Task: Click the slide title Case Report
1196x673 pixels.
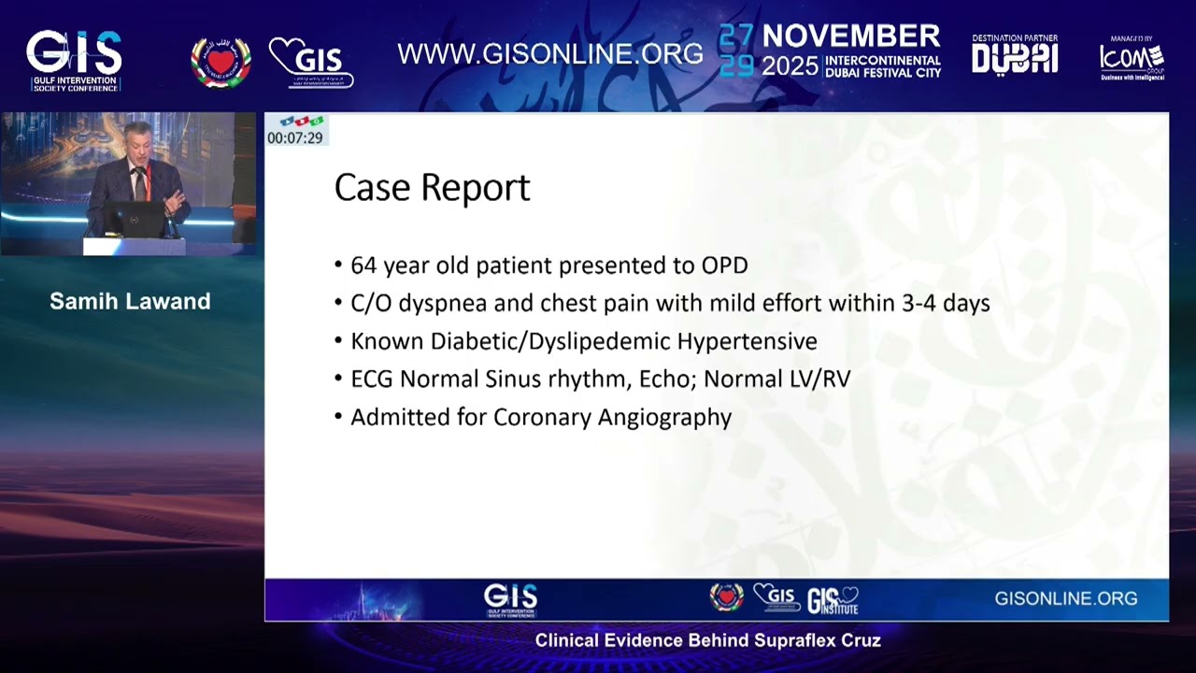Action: (x=432, y=188)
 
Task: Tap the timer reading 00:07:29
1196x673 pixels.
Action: (x=294, y=138)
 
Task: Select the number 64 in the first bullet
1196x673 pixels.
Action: (x=363, y=265)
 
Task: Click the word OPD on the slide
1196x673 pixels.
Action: (x=724, y=265)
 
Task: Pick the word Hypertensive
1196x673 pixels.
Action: (x=747, y=341)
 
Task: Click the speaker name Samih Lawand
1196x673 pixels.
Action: (x=130, y=301)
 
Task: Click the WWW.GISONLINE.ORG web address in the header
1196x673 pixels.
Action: (x=550, y=54)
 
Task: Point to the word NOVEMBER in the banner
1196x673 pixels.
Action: (x=851, y=37)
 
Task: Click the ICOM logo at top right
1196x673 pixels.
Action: (x=1132, y=58)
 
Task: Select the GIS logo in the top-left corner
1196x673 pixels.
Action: (x=74, y=56)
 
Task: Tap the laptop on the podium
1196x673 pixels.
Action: (x=133, y=220)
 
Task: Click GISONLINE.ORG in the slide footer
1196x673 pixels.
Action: (x=1065, y=599)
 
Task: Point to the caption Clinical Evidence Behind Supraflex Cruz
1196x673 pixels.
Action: (x=707, y=641)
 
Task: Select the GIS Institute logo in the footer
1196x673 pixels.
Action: (x=833, y=599)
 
